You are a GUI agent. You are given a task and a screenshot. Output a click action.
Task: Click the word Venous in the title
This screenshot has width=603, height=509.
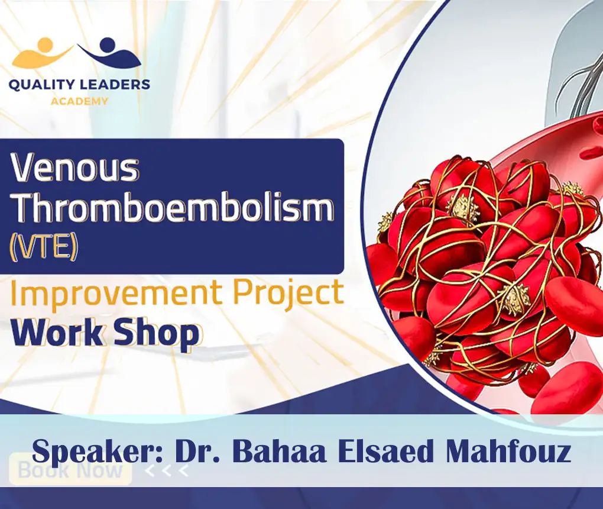[76, 169]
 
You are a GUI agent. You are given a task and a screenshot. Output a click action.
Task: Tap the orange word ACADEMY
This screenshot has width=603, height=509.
[79, 101]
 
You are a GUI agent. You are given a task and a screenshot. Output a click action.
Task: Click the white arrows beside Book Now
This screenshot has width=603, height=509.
[167, 471]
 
